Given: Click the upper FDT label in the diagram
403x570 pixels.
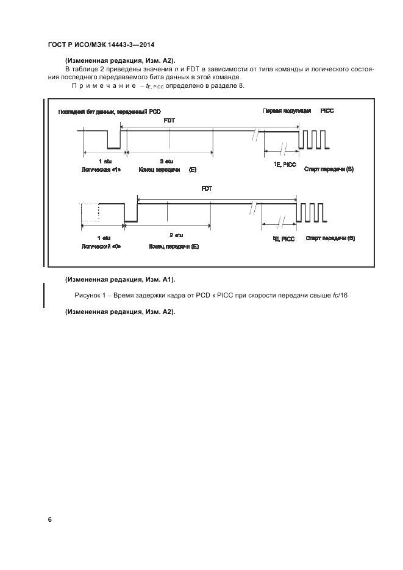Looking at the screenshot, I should tap(169, 121).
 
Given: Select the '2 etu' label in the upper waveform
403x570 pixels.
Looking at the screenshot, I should tap(166, 160).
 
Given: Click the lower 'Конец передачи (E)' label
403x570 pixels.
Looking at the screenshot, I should tap(174, 246).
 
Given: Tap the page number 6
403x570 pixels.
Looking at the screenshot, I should tap(50, 519).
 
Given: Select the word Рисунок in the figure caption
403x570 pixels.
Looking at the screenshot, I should tap(88, 296).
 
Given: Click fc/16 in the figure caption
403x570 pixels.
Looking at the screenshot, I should tap(339, 296).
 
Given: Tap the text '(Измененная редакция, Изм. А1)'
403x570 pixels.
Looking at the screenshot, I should tap(120, 280).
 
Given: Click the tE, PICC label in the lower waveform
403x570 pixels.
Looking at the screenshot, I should tap(284, 239).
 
